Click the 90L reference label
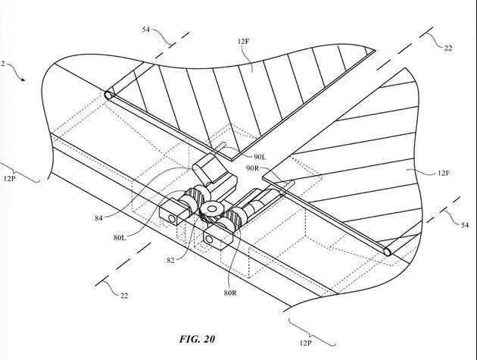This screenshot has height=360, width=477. [260, 157]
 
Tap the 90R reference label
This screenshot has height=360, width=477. [253, 168]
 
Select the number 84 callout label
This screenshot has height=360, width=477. [98, 218]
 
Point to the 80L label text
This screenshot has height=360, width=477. [120, 237]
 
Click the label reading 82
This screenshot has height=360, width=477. [170, 261]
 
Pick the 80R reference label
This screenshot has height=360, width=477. [230, 293]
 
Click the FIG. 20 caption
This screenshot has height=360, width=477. [197, 339]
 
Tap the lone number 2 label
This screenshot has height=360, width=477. [3, 64]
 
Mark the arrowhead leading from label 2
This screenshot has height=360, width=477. [23, 80]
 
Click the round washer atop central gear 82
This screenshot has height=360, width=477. [211, 208]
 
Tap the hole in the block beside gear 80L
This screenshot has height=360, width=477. [171, 218]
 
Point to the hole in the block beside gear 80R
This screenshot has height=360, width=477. [209, 239]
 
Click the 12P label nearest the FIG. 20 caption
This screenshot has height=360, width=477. [305, 343]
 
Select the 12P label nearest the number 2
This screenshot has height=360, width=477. [10, 178]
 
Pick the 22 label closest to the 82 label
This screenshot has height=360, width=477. [124, 296]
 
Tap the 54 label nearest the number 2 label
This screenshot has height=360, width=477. [146, 30]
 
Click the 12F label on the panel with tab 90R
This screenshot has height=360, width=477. [444, 173]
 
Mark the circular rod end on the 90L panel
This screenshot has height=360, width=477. [108, 95]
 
